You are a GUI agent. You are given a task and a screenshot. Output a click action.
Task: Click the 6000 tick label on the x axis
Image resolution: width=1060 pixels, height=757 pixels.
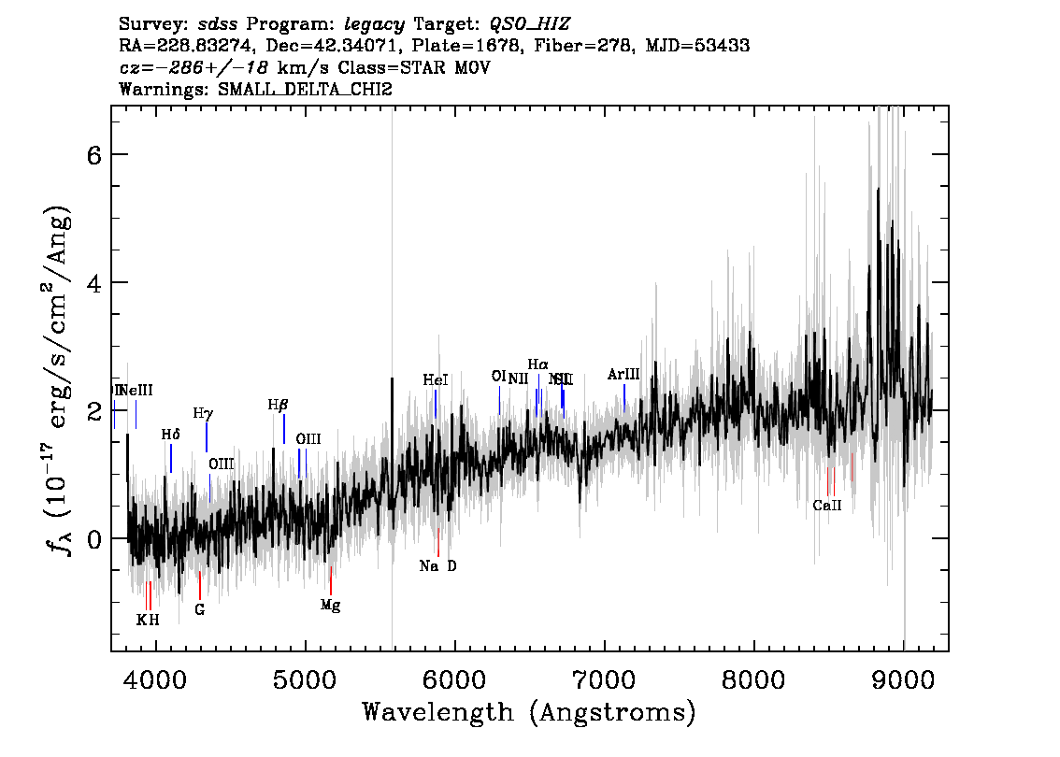tap(454, 678)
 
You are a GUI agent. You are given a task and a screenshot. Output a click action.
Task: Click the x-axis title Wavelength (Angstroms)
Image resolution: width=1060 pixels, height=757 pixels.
tap(529, 712)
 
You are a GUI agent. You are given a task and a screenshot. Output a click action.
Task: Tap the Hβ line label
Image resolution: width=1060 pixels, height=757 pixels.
tap(278, 405)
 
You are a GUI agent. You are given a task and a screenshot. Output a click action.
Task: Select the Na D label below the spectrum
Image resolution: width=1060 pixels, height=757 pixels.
tap(437, 566)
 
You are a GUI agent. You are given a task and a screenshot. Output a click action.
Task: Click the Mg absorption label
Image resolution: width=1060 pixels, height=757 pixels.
tap(330, 605)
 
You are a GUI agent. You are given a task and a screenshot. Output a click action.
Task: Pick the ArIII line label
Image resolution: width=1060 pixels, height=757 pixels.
tap(623, 374)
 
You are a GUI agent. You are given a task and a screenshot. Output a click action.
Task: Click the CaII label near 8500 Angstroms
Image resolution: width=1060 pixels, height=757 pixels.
tap(827, 506)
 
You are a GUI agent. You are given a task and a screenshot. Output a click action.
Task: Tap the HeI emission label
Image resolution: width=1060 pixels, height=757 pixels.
tap(436, 380)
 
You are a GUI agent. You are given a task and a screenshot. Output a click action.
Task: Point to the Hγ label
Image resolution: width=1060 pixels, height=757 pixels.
tap(203, 412)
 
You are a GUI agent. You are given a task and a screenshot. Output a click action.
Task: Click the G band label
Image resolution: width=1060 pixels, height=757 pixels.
tap(199, 609)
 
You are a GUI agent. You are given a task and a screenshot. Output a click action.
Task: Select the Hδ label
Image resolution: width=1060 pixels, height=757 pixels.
tap(170, 435)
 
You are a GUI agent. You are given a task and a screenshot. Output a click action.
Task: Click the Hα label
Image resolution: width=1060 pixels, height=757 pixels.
tap(537, 364)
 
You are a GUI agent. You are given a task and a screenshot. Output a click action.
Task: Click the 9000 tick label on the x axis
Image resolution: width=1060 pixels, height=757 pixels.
tap(903, 678)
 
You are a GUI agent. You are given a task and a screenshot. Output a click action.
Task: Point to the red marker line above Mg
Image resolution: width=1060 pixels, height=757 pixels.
tap(331, 579)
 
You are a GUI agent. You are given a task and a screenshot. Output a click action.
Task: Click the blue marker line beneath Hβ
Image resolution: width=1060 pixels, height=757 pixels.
tap(284, 429)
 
